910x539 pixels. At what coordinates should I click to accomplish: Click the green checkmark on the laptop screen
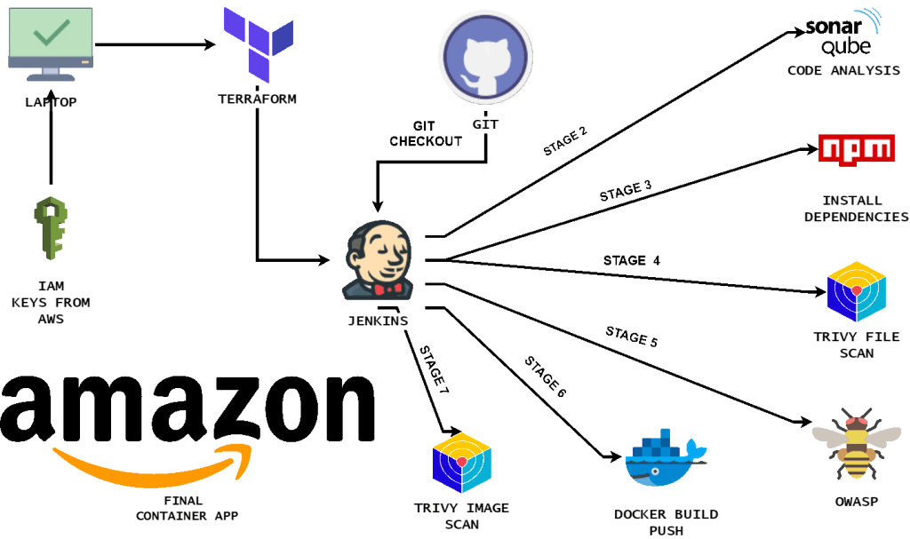point(52,34)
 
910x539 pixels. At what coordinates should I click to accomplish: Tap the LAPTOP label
point(51,102)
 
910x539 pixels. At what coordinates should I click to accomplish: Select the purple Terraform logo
point(258,42)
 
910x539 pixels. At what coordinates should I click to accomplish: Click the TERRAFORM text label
point(257,99)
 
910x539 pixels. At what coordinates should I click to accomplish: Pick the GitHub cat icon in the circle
point(485,56)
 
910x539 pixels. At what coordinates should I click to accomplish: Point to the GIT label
point(485,125)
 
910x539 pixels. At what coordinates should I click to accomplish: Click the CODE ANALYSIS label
point(843,70)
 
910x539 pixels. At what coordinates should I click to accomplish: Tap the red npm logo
point(856,149)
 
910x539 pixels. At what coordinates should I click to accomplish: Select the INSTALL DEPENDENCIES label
point(857,209)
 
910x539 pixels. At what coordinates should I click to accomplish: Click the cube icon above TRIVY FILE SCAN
point(857,291)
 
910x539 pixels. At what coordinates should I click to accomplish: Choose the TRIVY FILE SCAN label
point(857,345)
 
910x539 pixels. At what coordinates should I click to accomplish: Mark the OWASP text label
point(857,502)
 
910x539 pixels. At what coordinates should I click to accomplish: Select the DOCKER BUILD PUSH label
point(667,522)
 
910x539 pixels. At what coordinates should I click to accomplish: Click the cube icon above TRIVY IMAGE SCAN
point(462,463)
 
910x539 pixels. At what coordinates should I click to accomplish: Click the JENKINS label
point(378,321)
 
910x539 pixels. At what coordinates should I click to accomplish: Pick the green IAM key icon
point(51,228)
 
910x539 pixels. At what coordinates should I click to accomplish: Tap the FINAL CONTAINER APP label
point(188,509)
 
